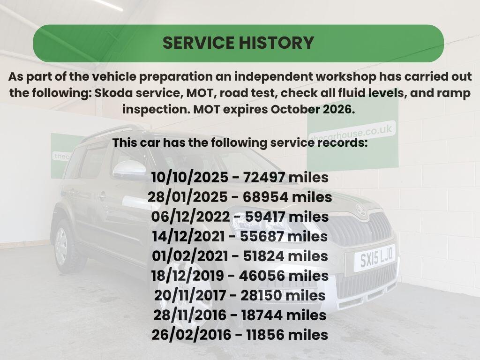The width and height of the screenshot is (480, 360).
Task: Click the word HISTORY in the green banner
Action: pos(276,43)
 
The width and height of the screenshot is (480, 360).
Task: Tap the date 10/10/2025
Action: pos(190,178)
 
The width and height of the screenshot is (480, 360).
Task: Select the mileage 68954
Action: pos(265,197)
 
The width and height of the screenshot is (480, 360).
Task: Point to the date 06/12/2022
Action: pos(190,217)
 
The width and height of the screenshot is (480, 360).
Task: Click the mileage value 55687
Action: pos(262,236)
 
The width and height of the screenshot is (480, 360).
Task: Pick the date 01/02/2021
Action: pos(190,256)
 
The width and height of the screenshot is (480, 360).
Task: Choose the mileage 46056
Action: pos(262,276)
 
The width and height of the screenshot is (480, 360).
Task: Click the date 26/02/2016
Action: pos(191,335)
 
